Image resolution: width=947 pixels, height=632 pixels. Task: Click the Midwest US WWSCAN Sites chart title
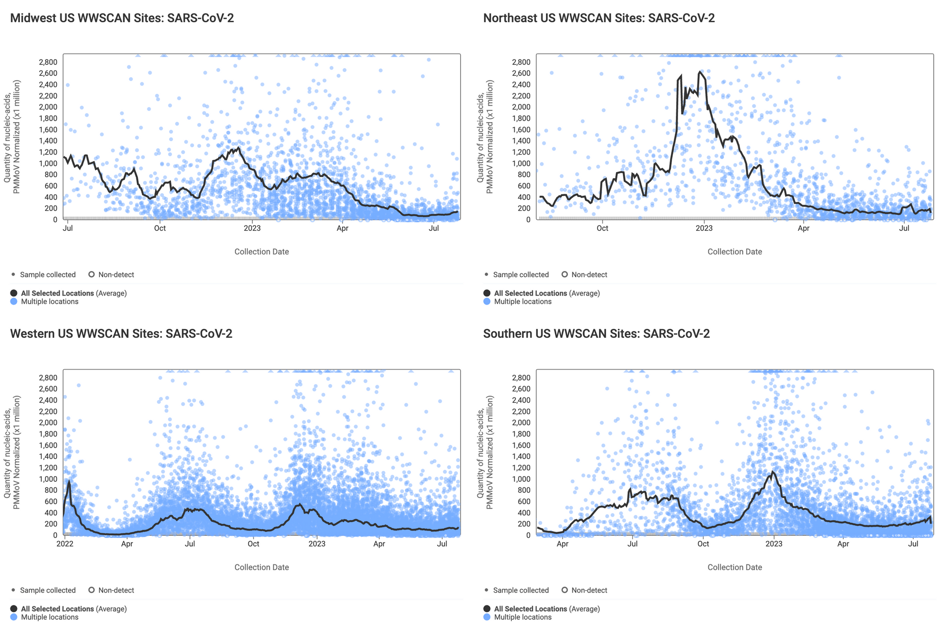(x=122, y=18)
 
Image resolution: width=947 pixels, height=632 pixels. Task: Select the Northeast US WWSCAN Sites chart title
(x=599, y=18)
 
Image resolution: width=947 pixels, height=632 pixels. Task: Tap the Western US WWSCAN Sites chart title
(x=121, y=334)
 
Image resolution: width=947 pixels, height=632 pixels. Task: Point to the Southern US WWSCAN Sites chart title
(x=596, y=334)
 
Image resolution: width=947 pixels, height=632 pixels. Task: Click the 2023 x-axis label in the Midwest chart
(x=252, y=228)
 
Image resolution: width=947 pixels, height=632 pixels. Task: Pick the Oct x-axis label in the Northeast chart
(x=602, y=228)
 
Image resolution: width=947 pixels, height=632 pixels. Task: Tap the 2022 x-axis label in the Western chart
(x=65, y=544)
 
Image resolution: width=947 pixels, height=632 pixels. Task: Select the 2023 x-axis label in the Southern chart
(x=774, y=544)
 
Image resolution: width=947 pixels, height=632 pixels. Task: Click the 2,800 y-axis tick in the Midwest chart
(x=48, y=62)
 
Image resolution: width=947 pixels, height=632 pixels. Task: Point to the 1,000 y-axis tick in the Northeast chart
(x=521, y=163)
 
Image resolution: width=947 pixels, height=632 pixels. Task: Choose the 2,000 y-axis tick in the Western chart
(x=48, y=423)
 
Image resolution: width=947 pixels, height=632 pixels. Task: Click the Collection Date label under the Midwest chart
(x=261, y=252)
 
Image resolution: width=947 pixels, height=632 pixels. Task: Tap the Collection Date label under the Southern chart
(x=734, y=567)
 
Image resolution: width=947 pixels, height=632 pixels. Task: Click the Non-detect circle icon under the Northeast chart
(x=564, y=274)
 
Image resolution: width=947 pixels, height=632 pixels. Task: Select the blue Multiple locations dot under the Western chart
(x=14, y=617)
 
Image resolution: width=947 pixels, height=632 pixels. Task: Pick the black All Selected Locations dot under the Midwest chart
(x=14, y=293)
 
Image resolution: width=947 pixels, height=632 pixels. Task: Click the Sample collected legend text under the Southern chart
(x=521, y=590)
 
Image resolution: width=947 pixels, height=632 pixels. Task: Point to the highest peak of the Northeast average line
(x=699, y=72)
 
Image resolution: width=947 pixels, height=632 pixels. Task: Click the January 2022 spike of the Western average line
(x=69, y=481)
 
